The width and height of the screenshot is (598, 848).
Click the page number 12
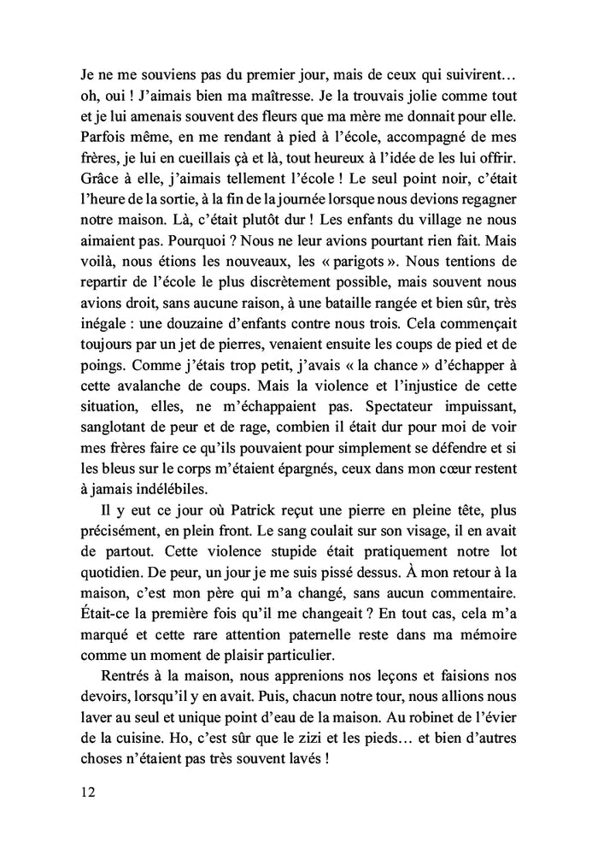coord(82,792)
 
